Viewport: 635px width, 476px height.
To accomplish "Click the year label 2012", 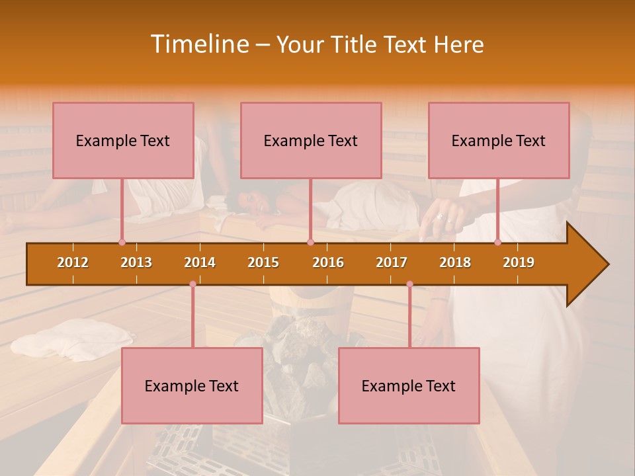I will point(73,262).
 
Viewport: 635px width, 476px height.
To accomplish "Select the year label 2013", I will point(136,262).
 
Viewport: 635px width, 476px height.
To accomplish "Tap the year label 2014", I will point(200,262).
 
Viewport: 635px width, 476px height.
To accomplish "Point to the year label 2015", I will point(263,262).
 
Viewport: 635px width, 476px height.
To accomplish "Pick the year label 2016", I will point(328,262).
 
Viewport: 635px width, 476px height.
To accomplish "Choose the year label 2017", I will point(392,262).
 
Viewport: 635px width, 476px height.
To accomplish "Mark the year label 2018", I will point(455,262).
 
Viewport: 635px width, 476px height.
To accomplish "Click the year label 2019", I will point(519,262).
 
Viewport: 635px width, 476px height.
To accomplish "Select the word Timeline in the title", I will point(198,44).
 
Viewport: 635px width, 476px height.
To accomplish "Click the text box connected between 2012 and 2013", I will point(123,140).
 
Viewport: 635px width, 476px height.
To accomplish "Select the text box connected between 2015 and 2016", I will point(311,140).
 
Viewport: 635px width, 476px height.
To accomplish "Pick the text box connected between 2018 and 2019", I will point(499,140).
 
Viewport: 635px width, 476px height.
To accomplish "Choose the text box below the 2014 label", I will point(192,385).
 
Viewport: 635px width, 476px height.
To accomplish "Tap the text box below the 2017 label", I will point(409,385).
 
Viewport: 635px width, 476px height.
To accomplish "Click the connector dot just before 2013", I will point(122,242).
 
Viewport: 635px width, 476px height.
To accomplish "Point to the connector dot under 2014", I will point(192,284).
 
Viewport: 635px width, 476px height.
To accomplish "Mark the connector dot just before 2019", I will point(498,242).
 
